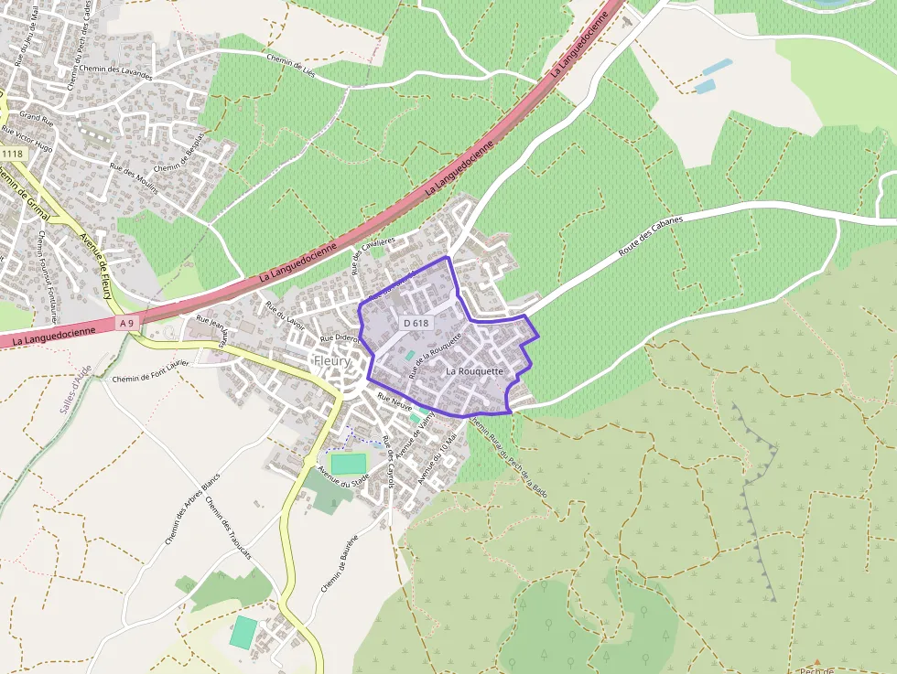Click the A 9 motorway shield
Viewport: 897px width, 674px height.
coord(126,323)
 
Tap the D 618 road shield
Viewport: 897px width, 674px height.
coord(416,323)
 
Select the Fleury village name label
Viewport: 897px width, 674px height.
coord(332,361)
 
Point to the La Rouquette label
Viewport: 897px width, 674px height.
coord(475,371)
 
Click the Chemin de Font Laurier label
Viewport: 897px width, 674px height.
coord(150,371)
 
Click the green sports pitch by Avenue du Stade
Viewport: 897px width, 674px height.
coord(348,464)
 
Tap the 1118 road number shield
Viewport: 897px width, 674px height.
coord(12,154)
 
